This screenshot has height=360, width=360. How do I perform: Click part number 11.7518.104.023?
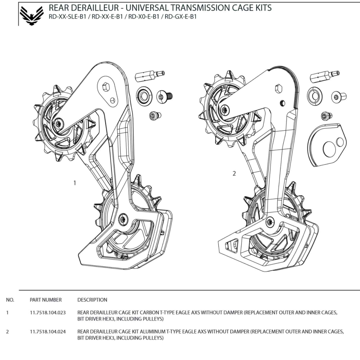point(48,312)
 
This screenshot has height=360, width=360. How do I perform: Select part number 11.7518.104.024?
point(48,331)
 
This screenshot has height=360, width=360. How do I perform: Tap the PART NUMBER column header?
point(46,300)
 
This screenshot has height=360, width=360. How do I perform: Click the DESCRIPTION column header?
point(92,300)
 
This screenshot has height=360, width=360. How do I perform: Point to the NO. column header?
point(10,300)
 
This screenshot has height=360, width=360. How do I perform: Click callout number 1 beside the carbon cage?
point(75,183)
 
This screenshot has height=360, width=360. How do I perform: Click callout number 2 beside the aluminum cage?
point(234,173)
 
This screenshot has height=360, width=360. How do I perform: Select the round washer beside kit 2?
point(314,96)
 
